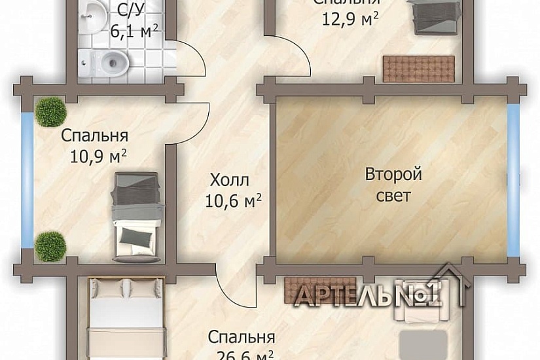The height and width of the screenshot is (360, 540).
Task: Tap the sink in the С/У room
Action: [x=92, y=16]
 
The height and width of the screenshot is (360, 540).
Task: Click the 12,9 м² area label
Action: [x=350, y=18]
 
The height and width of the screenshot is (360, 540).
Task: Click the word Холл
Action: [x=230, y=179]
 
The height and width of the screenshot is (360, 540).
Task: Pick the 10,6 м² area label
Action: [x=233, y=200]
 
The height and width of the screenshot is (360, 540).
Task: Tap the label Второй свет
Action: [x=393, y=185]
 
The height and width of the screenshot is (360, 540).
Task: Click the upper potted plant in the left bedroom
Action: [x=51, y=111]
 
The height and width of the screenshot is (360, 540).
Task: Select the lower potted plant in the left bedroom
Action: [x=50, y=245]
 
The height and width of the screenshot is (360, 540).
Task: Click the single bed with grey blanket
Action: [x=136, y=216]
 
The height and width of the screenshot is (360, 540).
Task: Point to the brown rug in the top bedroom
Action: [x=418, y=69]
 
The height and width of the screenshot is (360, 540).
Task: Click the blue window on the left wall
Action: [x=27, y=180]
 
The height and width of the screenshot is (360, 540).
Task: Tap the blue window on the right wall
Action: [x=513, y=180]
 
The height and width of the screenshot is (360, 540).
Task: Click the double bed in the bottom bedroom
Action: [x=124, y=321]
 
